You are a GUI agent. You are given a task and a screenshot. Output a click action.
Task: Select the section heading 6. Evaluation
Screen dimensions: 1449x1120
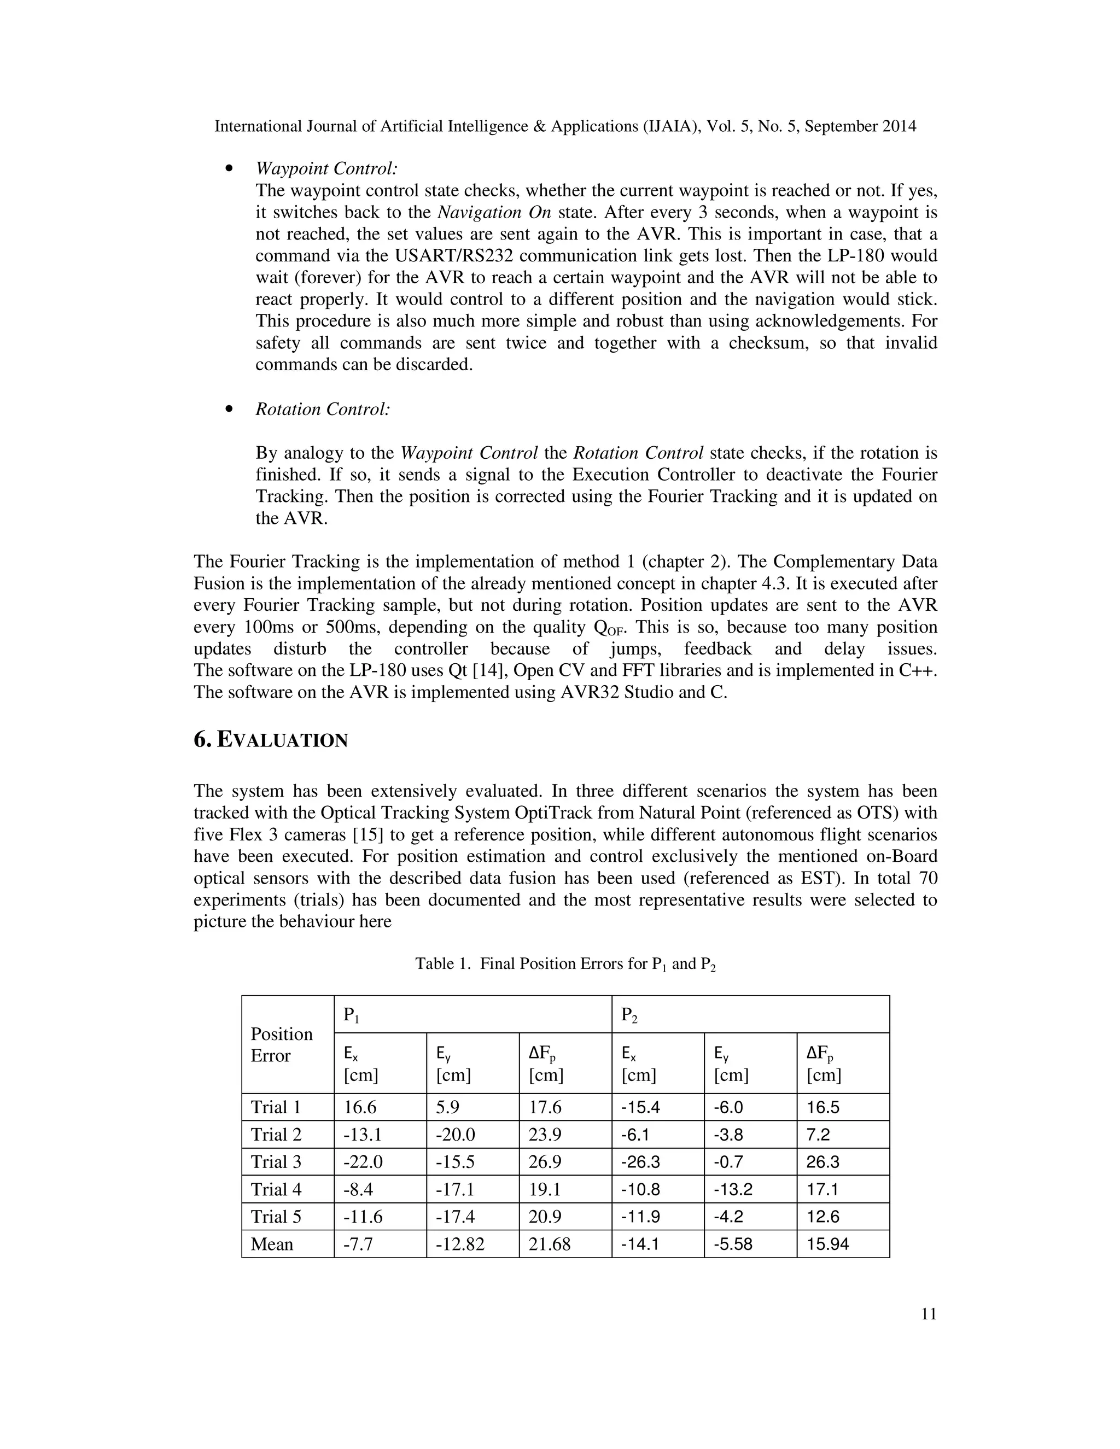pos(270,740)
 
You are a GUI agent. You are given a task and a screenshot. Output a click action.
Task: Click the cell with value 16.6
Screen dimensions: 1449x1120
pos(360,1107)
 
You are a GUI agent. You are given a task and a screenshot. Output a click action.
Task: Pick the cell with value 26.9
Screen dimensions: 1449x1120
pos(545,1162)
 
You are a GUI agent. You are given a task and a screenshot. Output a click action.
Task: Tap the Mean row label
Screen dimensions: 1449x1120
pos(272,1244)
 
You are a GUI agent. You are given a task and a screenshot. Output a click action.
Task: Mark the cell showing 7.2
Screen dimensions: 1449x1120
pos(818,1134)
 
